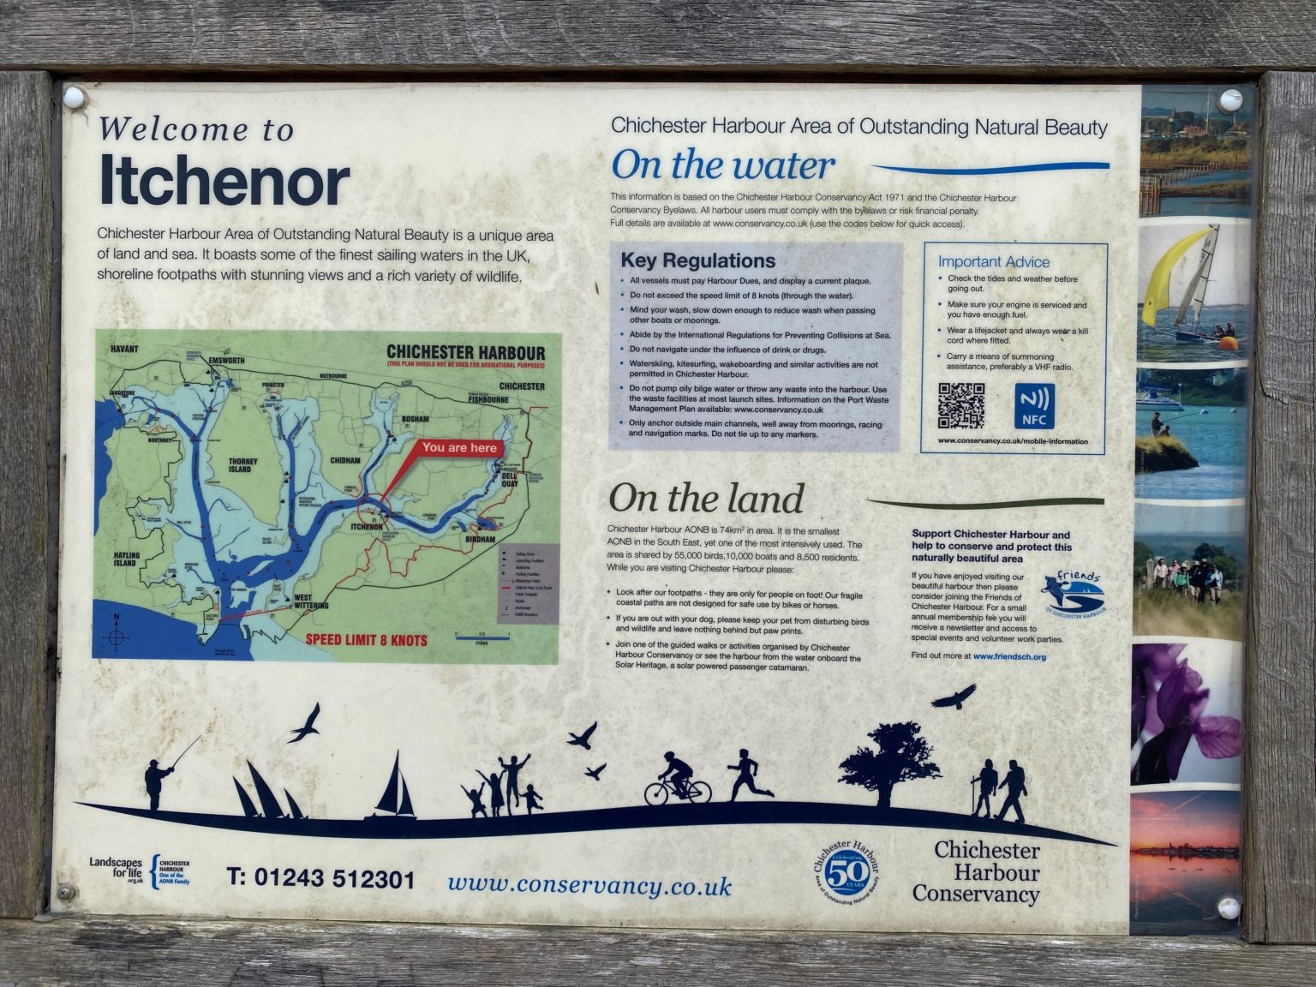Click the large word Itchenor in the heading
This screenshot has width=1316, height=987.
[224, 180]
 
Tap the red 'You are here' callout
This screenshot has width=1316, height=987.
[458, 448]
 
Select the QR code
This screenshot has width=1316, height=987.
[960, 405]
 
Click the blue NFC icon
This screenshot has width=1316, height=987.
[1034, 406]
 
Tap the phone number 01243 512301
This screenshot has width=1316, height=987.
[320, 879]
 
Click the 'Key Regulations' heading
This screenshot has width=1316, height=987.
[697, 260]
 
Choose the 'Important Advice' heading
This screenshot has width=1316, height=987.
[993, 262]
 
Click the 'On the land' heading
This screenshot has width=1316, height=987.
[706, 499]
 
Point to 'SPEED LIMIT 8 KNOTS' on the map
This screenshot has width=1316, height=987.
[367, 640]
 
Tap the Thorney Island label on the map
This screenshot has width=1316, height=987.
[242, 465]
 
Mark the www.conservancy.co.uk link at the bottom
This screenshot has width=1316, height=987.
[589, 885]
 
